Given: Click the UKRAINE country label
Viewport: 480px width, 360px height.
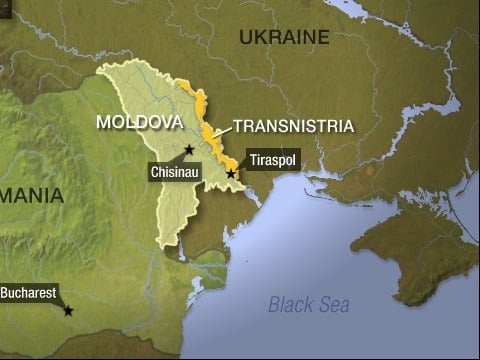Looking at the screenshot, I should [284, 38].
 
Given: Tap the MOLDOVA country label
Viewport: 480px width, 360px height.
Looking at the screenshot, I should [139, 122].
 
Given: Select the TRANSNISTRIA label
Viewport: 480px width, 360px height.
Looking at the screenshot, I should [293, 127].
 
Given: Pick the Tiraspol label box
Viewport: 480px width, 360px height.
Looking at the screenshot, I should [270, 160].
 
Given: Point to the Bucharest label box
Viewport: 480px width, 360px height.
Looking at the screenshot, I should [27, 294].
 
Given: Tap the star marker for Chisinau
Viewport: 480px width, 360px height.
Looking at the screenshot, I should [189, 149].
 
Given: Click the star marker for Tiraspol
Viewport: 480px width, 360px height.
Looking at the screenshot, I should [231, 173].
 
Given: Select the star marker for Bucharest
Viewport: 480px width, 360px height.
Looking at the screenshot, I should [68, 311].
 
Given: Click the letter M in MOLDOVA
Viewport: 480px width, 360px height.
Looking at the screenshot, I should [103, 122].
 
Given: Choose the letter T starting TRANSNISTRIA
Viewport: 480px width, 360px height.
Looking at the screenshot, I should [237, 127].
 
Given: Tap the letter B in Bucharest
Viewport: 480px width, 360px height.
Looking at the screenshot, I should [5, 294].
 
